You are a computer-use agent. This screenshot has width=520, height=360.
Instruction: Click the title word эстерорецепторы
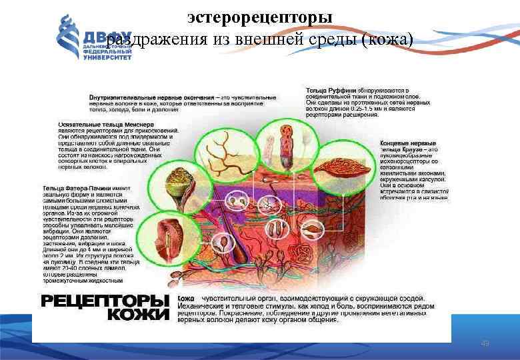pos(260,15)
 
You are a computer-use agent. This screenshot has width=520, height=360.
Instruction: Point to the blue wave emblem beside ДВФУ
pos(69,37)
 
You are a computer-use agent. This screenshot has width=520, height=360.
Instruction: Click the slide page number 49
pos(485,343)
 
